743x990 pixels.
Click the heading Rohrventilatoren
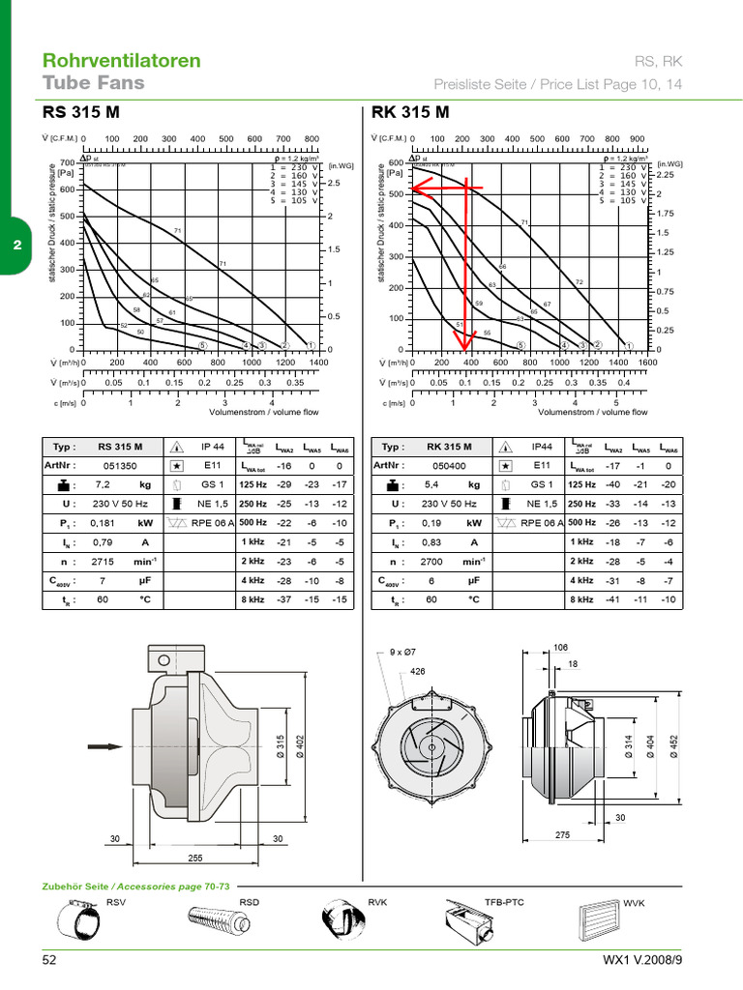coord(122,60)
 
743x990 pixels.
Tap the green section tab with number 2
coord(16,246)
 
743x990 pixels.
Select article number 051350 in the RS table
coord(120,465)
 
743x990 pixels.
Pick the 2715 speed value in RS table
coord(104,561)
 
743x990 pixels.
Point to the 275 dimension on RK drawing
coord(563,833)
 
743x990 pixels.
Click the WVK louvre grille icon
coord(597,920)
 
